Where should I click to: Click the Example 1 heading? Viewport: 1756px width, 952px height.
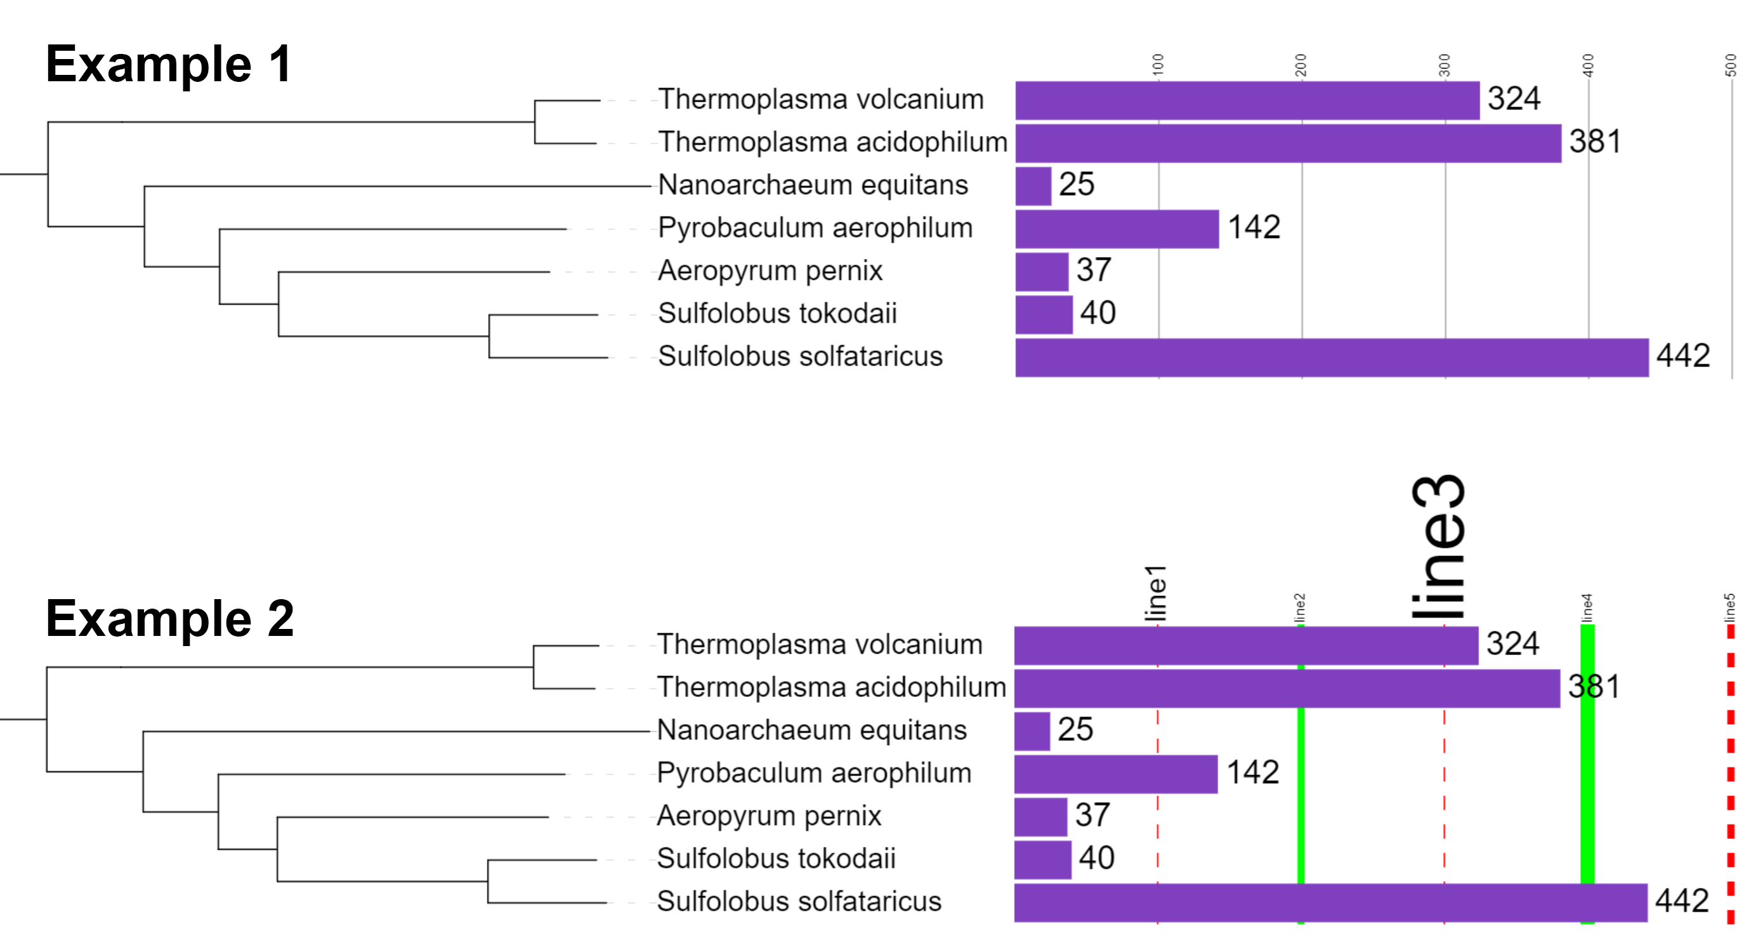169,64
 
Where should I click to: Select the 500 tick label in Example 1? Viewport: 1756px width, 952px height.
1730,65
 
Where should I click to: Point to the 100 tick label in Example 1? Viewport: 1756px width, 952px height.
1158,65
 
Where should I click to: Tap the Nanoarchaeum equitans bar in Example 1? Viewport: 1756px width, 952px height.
1033,186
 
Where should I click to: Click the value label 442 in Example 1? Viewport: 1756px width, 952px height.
1682,356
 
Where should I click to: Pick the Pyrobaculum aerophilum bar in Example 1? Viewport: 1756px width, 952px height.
1117,229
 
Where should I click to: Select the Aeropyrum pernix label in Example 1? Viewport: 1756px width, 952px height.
770,271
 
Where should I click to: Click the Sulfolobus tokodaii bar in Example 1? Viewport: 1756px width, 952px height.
1044,314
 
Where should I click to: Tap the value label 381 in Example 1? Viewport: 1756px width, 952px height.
1594,142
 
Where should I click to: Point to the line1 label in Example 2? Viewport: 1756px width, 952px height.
1156,593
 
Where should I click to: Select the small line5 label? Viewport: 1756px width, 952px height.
1729,607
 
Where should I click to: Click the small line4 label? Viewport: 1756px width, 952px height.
1587,607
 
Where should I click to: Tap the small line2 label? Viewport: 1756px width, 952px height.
1300,607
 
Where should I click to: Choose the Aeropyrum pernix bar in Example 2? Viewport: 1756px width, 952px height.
1040,817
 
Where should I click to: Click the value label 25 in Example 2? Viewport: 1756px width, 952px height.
1075,730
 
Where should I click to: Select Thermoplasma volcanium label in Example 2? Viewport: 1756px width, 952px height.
820,644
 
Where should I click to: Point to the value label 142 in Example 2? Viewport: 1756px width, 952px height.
1252,772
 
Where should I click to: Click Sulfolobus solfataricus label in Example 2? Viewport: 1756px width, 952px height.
799,901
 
